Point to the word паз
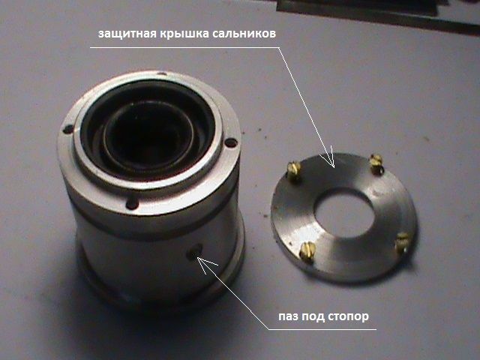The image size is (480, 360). pyautogui.click(x=288, y=316)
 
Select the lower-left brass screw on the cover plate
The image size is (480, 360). pyautogui.click(x=307, y=251)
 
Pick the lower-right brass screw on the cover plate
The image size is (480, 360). pyautogui.click(x=402, y=241)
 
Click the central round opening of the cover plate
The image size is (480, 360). pyautogui.click(x=346, y=213)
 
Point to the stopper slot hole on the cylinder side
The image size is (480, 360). pyautogui.click(x=195, y=251)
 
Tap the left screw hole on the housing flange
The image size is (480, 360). pyautogui.click(x=68, y=129)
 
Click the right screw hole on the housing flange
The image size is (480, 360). pyautogui.click(x=231, y=142)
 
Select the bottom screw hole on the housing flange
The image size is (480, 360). pyautogui.click(x=132, y=203)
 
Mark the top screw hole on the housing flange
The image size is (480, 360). pyautogui.click(x=162, y=73)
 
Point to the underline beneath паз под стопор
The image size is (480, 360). pyautogui.click(x=322, y=330)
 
